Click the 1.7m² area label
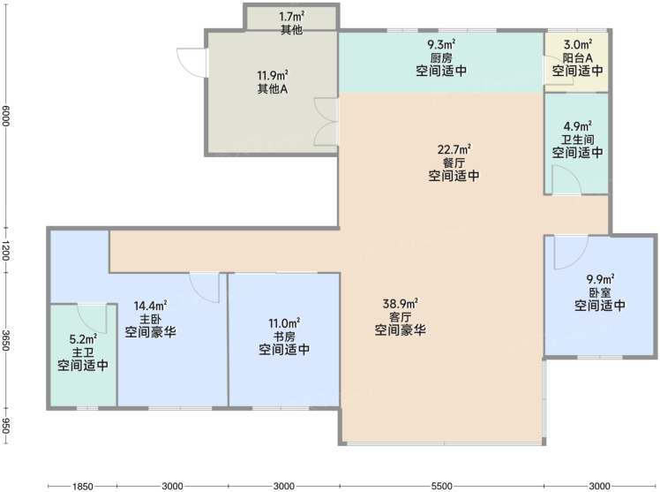click(x=292, y=17)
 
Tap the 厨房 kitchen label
click(x=441, y=57)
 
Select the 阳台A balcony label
click(x=577, y=57)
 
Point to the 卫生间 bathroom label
click(x=577, y=139)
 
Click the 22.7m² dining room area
click(x=454, y=149)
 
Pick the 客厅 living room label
click(x=401, y=316)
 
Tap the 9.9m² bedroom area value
click(x=600, y=279)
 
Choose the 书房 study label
click(x=284, y=337)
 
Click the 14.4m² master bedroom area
click(x=150, y=305)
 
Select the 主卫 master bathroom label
click(x=83, y=352)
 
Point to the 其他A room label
click(x=273, y=89)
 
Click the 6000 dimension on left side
click(x=5, y=115)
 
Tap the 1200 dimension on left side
click(x=5, y=250)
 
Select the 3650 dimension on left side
click(x=5, y=340)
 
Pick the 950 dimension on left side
click(x=5, y=426)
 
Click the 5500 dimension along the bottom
click(x=441, y=486)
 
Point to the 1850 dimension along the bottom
click(x=82, y=486)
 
